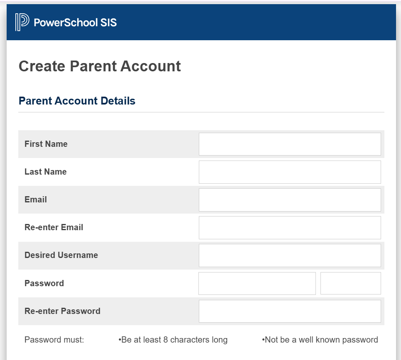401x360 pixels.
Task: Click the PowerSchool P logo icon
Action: [22, 22]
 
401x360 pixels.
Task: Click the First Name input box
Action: [290, 144]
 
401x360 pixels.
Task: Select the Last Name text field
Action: [290, 172]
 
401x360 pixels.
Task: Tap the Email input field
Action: [290, 199]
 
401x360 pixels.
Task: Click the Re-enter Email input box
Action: [290, 227]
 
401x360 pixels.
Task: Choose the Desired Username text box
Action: [290, 255]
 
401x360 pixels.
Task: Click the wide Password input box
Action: [257, 283]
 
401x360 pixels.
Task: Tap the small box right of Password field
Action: [350, 283]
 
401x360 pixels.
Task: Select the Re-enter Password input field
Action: [290, 311]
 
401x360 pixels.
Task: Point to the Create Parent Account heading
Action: [100, 66]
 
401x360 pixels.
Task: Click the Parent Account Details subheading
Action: [77, 101]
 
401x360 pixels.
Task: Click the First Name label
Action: [46, 144]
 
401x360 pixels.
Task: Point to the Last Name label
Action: [45, 172]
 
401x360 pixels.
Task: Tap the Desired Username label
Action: [61, 255]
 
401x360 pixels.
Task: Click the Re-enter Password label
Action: [62, 311]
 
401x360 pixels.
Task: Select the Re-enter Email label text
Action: [54, 227]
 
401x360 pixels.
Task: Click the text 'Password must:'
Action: [54, 340]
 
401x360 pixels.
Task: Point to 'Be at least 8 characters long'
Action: [174, 340]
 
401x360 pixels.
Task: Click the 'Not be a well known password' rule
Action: [320, 340]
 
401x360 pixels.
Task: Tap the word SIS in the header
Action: [108, 22]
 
